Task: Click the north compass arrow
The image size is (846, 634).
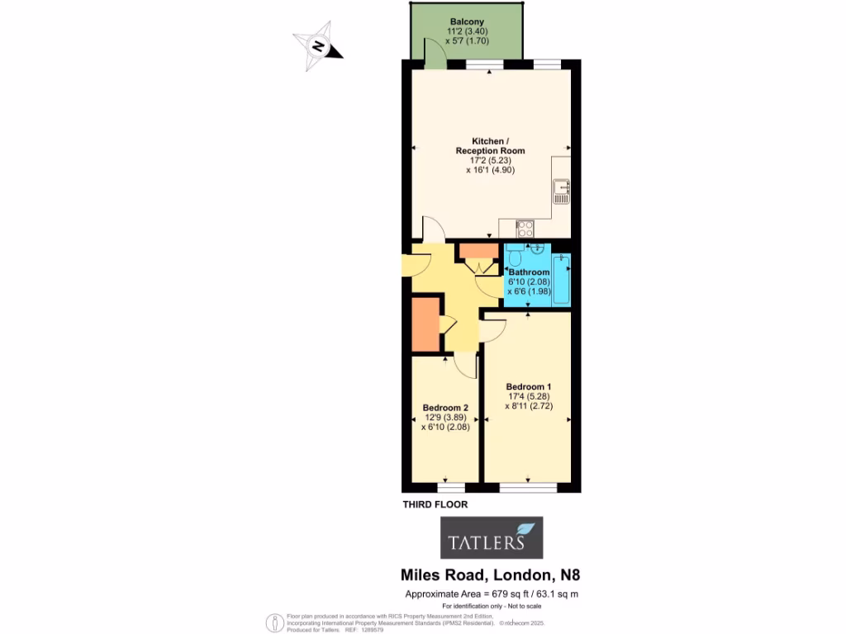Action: tap(318, 47)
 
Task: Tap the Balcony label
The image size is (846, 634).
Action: tap(467, 22)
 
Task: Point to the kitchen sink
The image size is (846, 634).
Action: tap(562, 192)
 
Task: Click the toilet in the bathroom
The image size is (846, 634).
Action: tap(515, 253)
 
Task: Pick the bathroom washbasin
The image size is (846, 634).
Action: tap(539, 248)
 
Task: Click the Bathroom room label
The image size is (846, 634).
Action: tap(529, 272)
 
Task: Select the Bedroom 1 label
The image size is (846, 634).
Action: tap(529, 387)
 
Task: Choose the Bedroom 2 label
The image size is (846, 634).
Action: tap(446, 408)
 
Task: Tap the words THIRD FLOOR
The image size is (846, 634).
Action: tap(435, 504)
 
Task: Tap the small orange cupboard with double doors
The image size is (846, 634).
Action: tap(474, 252)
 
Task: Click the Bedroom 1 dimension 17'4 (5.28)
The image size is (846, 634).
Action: tap(528, 397)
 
